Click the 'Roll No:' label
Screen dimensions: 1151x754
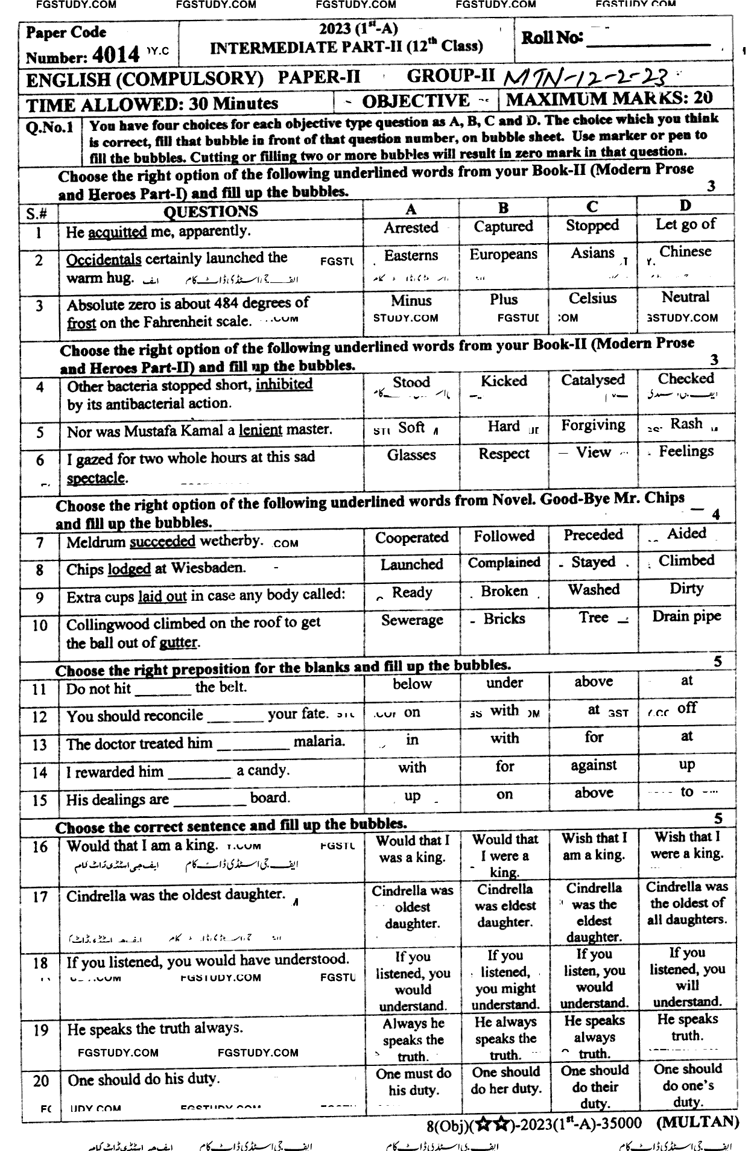click(x=552, y=38)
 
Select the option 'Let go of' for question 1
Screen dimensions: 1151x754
click(x=686, y=224)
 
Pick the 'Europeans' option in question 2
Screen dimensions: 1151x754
click(x=503, y=254)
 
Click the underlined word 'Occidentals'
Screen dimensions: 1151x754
click(x=104, y=259)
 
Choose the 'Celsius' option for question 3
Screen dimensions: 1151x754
click(x=592, y=298)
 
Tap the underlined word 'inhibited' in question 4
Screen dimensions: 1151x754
click(x=284, y=384)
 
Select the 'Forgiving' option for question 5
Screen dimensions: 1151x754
click(x=593, y=425)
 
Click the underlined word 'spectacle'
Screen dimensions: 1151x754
click(x=95, y=478)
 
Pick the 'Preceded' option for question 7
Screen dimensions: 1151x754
click(x=593, y=534)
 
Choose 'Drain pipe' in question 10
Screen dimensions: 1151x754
click(x=686, y=616)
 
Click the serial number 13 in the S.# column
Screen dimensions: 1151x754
click(x=40, y=744)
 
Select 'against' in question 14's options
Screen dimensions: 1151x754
click(x=594, y=765)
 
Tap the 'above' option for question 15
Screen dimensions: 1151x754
click(x=594, y=793)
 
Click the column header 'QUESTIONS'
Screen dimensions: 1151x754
click(x=211, y=211)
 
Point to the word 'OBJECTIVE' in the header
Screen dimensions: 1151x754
click(x=416, y=101)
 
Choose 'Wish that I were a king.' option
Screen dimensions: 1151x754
click(x=687, y=845)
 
